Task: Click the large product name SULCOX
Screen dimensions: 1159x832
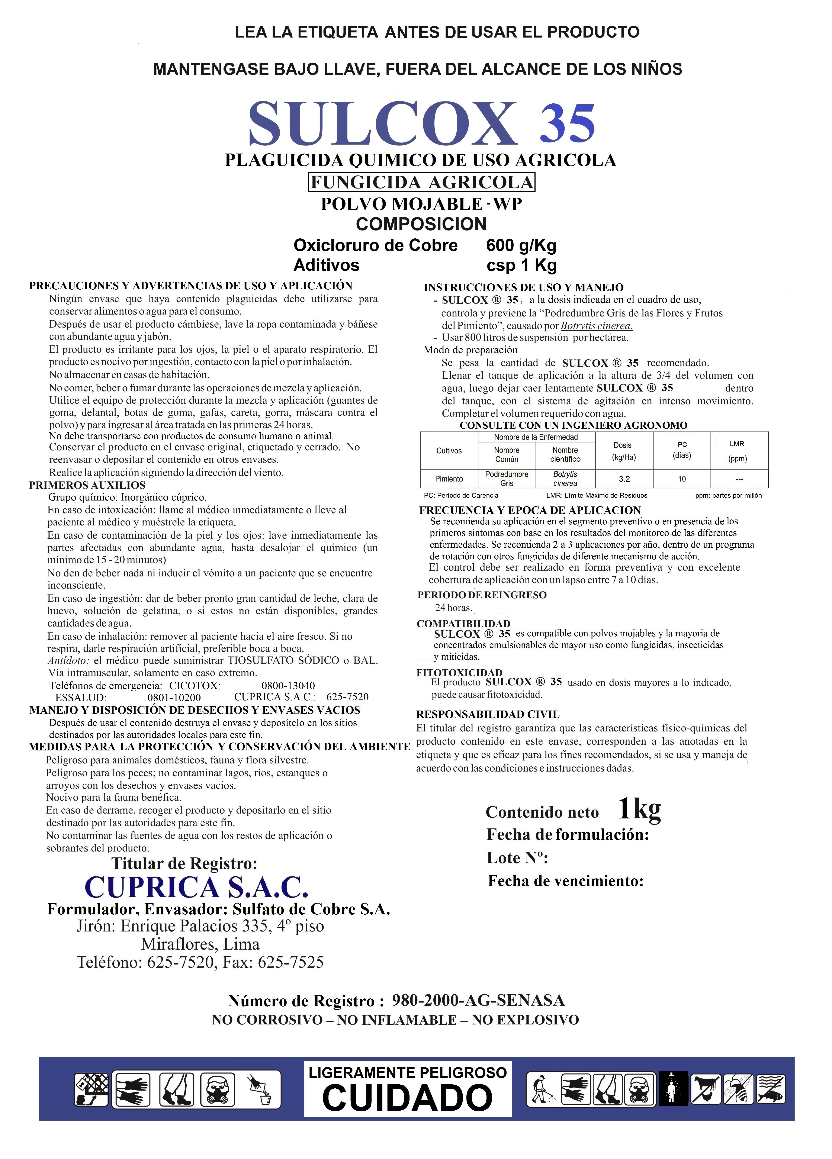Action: coord(382,124)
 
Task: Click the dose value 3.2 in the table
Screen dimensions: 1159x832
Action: coord(624,479)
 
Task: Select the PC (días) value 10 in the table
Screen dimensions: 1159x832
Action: coord(682,479)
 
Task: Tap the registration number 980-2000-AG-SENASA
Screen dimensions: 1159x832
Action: coord(478,1000)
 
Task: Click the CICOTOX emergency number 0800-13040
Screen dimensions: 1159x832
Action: coord(288,685)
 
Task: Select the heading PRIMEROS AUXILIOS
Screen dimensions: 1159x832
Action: coord(87,485)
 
